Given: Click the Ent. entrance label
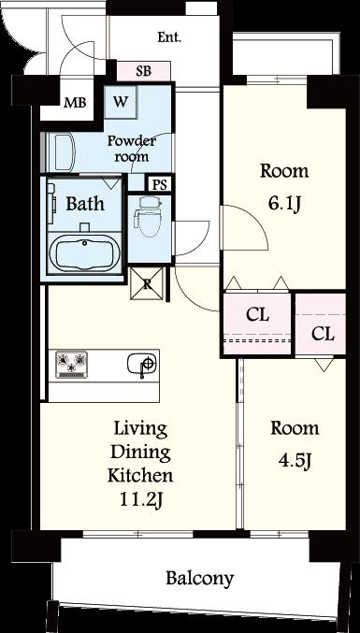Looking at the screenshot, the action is click(169, 37).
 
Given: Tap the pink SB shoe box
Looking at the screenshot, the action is click(144, 71).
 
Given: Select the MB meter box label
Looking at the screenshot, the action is click(75, 103).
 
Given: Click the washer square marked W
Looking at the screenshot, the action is click(121, 102).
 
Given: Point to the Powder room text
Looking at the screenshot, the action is click(131, 149).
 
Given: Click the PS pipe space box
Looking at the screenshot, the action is click(159, 184).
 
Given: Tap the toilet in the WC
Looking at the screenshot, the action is click(150, 216).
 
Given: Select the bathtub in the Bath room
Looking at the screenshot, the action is click(84, 253).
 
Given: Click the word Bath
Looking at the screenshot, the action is click(85, 204).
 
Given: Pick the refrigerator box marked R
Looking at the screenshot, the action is click(147, 283).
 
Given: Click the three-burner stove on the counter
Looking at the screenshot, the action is click(71, 365).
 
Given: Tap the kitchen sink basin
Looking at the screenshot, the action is click(141, 364).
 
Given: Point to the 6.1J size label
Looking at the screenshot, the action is click(284, 205).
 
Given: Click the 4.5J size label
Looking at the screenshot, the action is click(295, 461).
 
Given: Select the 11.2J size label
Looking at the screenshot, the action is click(141, 500).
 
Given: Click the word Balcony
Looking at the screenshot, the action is click(199, 579).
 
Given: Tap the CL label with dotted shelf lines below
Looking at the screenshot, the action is click(257, 314).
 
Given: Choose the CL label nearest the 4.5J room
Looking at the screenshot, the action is click(324, 334).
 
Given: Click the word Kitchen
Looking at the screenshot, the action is click(140, 476).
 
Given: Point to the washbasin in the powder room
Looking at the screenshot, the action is click(65, 151).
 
